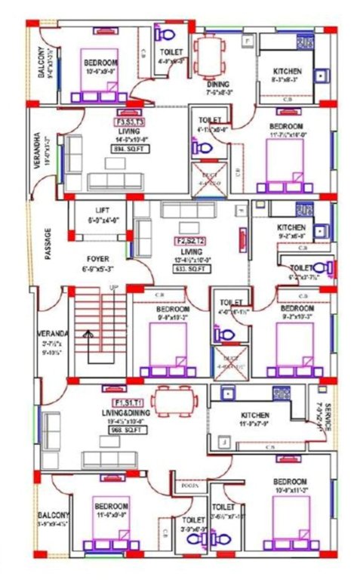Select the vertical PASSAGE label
[x=47, y=244]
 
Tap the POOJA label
[x=190, y=486]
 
